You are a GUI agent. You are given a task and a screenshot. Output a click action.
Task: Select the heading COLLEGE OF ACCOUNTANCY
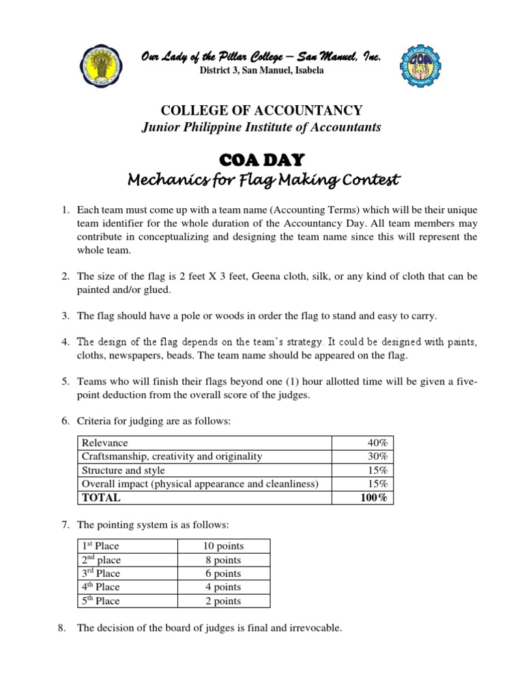pos(261,111)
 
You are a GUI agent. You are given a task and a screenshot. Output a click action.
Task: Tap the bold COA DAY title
pos(262,160)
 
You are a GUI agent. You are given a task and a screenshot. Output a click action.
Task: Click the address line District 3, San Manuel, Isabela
pos(261,70)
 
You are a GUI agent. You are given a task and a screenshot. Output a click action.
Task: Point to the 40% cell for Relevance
pos(377,443)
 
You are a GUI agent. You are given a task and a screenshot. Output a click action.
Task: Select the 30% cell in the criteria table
pos(377,457)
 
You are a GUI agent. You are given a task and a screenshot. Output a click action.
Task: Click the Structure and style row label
pos(123,470)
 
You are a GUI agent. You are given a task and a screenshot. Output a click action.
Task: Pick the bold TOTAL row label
pos(101,498)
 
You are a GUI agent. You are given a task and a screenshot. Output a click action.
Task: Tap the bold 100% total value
pos(374,498)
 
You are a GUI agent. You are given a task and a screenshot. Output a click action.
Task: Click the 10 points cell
pos(223,546)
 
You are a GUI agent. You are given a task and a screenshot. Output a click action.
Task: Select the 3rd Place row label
pos(100,573)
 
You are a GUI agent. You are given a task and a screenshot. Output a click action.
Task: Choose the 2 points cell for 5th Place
pos(223,601)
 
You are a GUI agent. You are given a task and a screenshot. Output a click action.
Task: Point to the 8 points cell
pos(223,560)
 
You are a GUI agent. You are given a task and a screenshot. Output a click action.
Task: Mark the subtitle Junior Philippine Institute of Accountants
pos(261,128)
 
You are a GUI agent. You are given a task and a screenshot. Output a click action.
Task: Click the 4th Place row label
pos(100,587)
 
